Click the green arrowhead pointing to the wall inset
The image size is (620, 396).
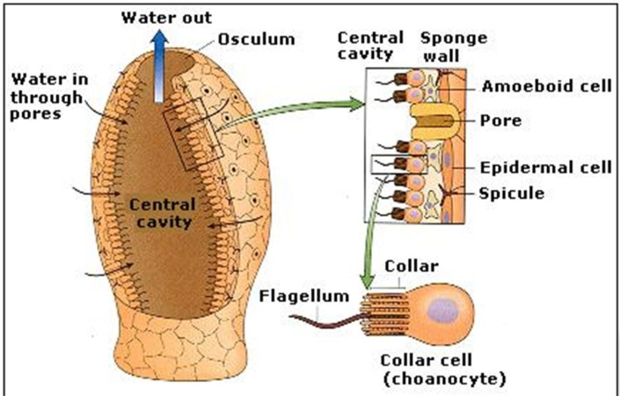tap(359, 104)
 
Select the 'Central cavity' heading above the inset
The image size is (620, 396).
tap(370, 47)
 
